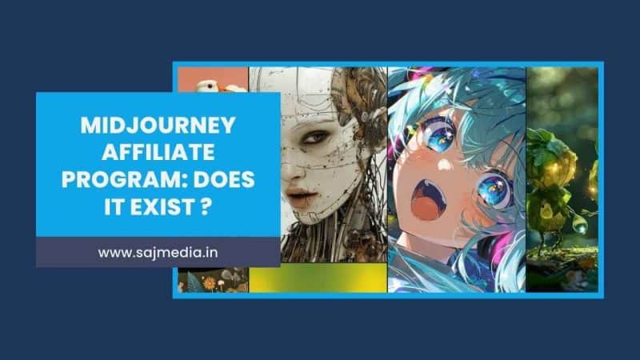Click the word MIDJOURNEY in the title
(x=158, y=126)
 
